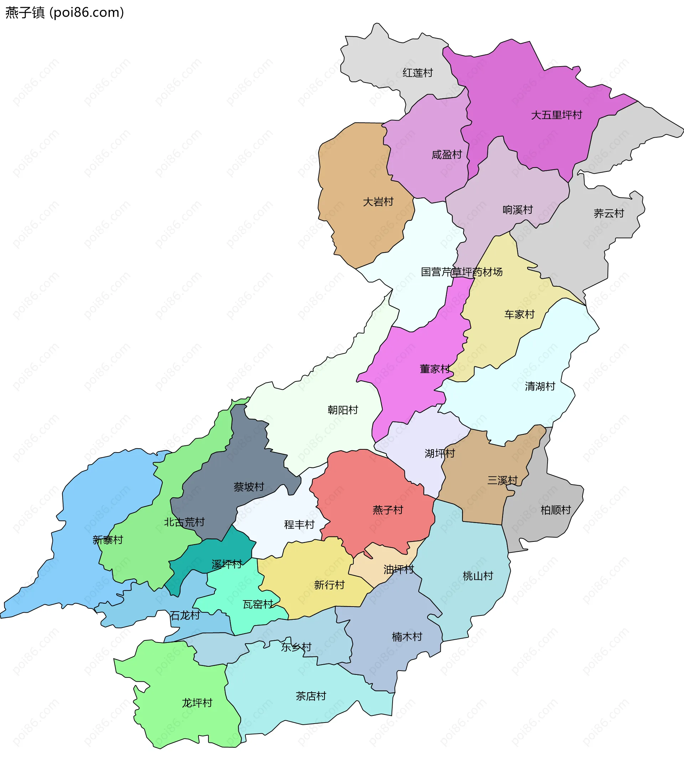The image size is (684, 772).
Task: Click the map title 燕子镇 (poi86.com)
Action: click(x=64, y=12)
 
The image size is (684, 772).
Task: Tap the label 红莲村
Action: click(x=418, y=73)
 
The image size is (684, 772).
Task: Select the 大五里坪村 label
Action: click(x=556, y=115)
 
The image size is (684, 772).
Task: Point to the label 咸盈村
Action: click(x=446, y=154)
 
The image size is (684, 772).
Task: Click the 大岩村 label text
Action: click(x=378, y=202)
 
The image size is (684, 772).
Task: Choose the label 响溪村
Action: click(x=517, y=210)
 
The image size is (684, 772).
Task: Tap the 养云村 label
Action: click(x=608, y=213)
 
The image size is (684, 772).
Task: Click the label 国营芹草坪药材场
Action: click(x=462, y=272)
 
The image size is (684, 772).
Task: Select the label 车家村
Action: click(x=519, y=314)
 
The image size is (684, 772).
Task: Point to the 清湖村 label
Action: click(x=540, y=386)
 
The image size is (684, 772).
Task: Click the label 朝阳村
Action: click(x=343, y=410)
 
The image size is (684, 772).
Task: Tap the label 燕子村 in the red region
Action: click(x=388, y=510)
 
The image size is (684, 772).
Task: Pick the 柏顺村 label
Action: click(x=555, y=510)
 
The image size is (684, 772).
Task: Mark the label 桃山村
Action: click(x=478, y=576)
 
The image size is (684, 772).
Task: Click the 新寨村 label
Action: click(x=108, y=540)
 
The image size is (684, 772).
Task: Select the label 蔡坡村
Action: click(x=248, y=487)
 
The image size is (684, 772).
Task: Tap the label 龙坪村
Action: click(x=197, y=703)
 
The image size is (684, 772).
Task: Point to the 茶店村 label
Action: click(x=311, y=696)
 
